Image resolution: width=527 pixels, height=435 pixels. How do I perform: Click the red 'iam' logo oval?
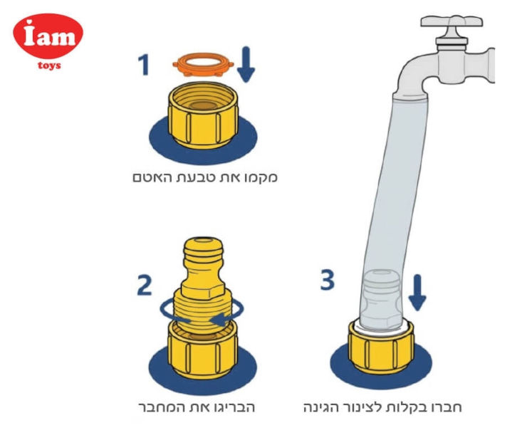[48, 36]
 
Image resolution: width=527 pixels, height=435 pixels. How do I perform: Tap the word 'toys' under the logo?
[49, 65]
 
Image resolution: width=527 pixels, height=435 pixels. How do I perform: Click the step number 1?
[144, 65]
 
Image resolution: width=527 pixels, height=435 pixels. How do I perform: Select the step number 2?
[145, 285]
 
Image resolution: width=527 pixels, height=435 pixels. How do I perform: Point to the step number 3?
[328, 280]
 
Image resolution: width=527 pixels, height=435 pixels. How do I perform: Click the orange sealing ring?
[203, 64]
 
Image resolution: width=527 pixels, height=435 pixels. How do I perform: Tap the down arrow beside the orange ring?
[246, 64]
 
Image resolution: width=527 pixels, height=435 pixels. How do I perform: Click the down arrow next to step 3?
[417, 292]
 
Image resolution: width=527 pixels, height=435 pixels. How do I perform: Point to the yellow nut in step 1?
[204, 115]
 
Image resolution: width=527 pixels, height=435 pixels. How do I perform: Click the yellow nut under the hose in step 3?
[381, 347]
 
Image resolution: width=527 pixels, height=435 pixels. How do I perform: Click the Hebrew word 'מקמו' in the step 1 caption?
[263, 177]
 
